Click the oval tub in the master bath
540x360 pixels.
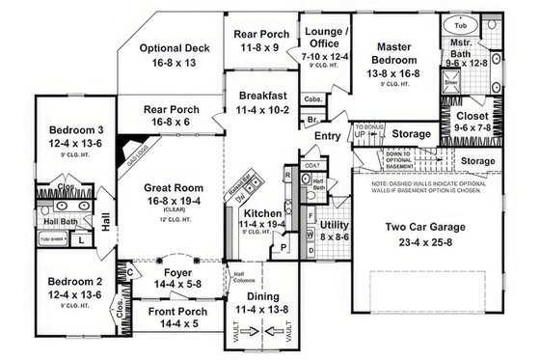coord(460,24)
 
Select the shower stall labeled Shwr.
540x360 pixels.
coord(450,84)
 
